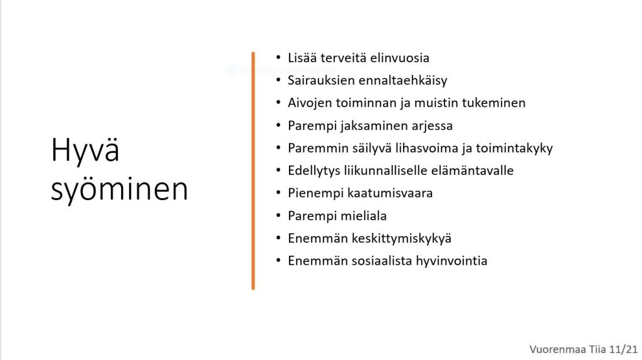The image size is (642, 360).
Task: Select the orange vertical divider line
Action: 253,171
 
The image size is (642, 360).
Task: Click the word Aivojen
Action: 310,103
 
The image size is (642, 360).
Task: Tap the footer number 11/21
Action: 623,349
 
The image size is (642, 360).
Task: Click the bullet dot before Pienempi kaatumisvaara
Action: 278,193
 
